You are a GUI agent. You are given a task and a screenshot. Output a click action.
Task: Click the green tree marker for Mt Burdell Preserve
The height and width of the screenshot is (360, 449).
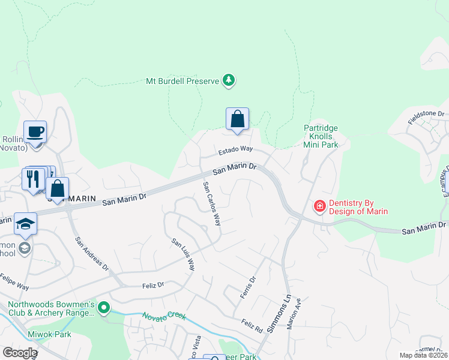[x=228, y=80]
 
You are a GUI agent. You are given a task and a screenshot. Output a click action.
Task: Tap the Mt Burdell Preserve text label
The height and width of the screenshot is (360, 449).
[x=183, y=80]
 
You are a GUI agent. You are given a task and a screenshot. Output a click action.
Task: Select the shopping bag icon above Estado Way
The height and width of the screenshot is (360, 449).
[x=237, y=118]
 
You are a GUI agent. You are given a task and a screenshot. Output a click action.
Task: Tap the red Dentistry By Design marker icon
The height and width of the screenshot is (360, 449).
[x=320, y=206]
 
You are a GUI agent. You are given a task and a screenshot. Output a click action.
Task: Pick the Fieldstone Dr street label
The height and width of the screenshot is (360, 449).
[x=426, y=117]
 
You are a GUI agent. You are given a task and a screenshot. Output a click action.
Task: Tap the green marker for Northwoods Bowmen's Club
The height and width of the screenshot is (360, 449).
[x=104, y=308]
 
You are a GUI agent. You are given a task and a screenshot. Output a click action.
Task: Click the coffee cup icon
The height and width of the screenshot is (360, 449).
[x=35, y=132]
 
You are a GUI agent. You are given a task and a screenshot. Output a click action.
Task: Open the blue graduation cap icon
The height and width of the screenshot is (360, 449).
[x=25, y=224]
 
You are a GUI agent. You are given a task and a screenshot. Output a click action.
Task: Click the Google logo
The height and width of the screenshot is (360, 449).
[x=20, y=353]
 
